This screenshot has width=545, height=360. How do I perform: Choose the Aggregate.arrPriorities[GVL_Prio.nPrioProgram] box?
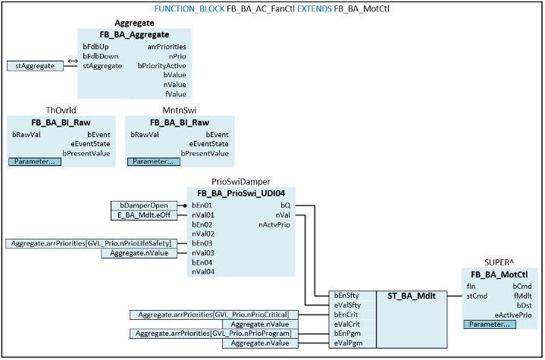coord(215,333)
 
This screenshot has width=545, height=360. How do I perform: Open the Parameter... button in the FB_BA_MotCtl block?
coord(490,324)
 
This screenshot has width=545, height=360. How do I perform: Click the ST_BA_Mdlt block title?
coord(411,296)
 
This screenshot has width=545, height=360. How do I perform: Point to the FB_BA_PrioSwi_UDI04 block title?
coord(241,193)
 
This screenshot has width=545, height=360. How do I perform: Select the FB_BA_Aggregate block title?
coord(133,35)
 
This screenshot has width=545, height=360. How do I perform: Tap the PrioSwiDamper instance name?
coord(241,182)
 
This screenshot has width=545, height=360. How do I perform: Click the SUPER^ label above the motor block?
coord(500,263)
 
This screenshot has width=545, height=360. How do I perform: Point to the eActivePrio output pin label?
coord(513,314)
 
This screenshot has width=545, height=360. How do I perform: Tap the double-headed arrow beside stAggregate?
coord(72,60)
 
